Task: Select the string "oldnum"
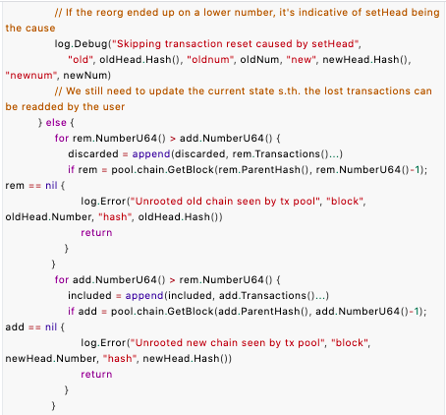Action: tap(210, 60)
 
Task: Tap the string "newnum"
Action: tap(29, 76)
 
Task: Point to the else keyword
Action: tap(56, 123)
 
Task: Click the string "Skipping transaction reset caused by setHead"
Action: tap(236, 44)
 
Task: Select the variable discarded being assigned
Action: tap(93, 154)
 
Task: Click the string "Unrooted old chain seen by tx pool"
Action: tap(225, 202)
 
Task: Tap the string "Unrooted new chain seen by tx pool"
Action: tap(227, 343)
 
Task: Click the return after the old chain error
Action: tap(96, 233)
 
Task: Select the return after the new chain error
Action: tap(96, 375)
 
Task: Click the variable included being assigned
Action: tap(89, 296)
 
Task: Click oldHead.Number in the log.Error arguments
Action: tap(49, 217)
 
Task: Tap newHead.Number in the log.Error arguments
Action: tap(51, 359)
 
